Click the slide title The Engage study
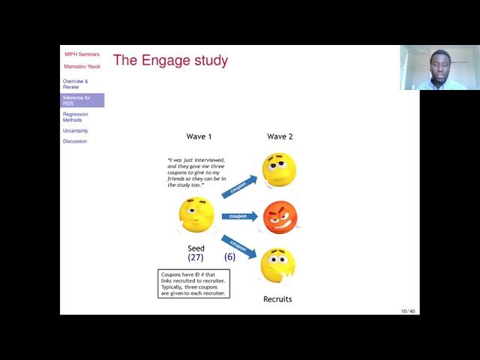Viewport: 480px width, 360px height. click(x=170, y=61)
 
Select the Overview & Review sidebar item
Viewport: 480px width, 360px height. click(x=75, y=84)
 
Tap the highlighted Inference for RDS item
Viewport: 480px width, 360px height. click(x=77, y=100)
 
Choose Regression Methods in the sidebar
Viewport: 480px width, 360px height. click(x=75, y=117)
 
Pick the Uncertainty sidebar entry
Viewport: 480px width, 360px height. click(x=75, y=130)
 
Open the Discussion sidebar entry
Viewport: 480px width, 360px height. click(x=75, y=141)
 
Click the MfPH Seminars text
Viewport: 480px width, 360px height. click(x=82, y=54)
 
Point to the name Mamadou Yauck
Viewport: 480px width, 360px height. click(x=82, y=66)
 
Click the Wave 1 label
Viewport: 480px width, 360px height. click(x=199, y=136)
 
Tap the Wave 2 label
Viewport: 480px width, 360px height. click(x=280, y=136)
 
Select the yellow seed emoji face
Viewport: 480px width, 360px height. click(x=196, y=215)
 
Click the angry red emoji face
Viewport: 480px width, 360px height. click(x=280, y=217)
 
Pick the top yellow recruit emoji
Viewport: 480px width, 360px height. click(x=279, y=169)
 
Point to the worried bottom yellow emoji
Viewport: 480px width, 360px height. click(x=277, y=265)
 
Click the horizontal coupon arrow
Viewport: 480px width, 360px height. click(x=239, y=216)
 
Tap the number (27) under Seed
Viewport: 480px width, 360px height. click(x=196, y=257)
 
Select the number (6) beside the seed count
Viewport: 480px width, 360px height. click(x=229, y=256)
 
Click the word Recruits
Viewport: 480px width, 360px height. click(x=277, y=299)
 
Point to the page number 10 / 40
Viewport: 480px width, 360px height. click(x=408, y=310)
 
